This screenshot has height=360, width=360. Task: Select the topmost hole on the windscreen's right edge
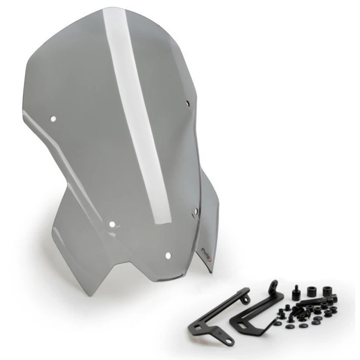(x=189, y=103)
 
